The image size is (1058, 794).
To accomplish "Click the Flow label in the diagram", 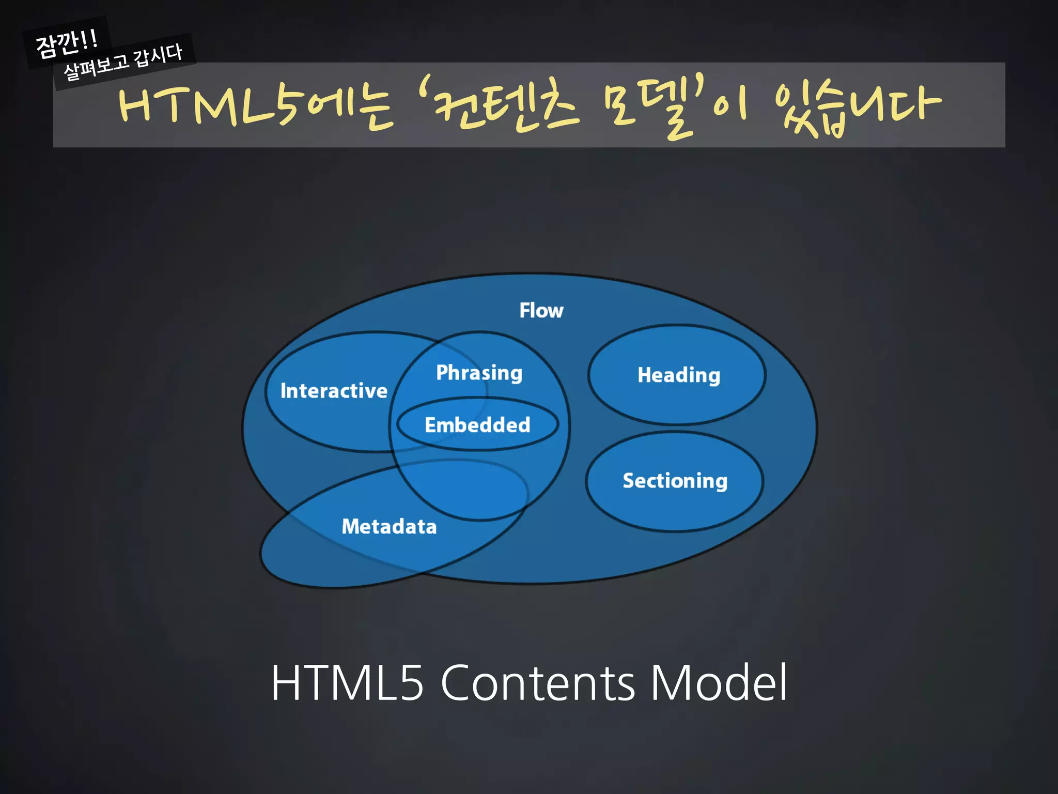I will click(x=541, y=311).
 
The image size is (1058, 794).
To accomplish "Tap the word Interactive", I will click(x=334, y=391).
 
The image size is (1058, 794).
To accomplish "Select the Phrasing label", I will click(x=479, y=373).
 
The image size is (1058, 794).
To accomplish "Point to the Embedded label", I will click(x=477, y=425).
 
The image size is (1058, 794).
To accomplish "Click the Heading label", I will click(x=678, y=375).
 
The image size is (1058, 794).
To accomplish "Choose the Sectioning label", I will click(x=675, y=481).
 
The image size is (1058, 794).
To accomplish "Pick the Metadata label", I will click(x=389, y=527).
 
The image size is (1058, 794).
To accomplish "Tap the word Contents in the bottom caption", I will click(x=537, y=683).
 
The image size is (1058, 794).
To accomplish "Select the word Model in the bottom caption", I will click(x=719, y=683).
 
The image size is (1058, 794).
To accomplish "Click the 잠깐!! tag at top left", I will click(x=66, y=43).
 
